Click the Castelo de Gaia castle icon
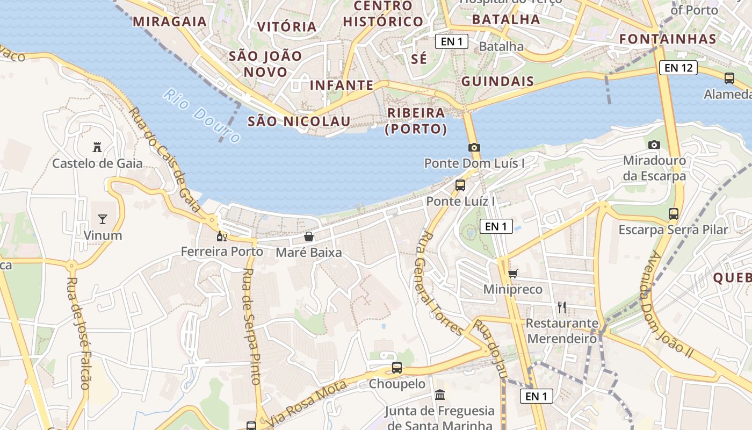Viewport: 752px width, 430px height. tap(97, 147)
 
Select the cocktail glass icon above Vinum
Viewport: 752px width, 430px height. tap(103, 219)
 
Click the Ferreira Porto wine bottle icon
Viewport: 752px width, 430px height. tap(221, 236)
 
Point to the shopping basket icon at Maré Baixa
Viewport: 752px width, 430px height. tap(309, 236)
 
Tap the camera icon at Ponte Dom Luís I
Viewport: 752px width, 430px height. tap(474, 147)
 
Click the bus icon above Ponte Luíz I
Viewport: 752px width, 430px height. tap(460, 185)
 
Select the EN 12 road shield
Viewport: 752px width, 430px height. tap(678, 68)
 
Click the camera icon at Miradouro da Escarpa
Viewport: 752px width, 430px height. tap(654, 145)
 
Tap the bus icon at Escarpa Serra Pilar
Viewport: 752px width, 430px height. tap(674, 214)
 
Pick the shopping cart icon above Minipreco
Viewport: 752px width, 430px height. tap(513, 274)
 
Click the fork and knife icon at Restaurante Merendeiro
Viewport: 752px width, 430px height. tap(562, 307)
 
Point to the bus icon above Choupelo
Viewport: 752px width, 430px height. tap(397, 368)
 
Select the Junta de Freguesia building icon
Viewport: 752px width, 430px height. tap(440, 395)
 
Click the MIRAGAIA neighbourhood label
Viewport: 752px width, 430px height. tap(170, 21)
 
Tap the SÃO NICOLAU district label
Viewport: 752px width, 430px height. tap(299, 121)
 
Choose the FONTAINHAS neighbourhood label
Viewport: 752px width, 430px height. tap(668, 39)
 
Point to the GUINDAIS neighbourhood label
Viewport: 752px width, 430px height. tap(497, 82)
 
